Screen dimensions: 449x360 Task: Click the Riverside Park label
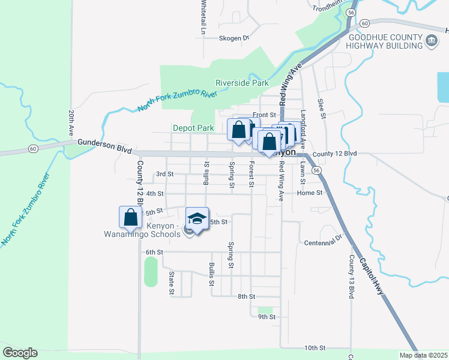click(242, 83)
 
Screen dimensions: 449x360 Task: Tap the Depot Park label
click(193, 128)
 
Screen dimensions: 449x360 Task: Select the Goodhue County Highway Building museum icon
click(431, 41)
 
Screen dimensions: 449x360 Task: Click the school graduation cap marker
click(196, 219)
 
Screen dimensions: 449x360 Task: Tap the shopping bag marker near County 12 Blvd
click(130, 218)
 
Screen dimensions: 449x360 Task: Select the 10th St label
click(314, 348)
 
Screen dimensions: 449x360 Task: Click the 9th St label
click(266, 317)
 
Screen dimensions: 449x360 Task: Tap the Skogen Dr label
click(234, 38)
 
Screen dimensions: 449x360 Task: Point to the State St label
click(172, 283)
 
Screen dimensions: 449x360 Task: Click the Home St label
click(310, 193)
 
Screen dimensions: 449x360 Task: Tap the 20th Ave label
click(71, 121)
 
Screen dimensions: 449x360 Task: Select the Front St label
click(264, 115)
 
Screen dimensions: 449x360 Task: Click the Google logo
click(20, 353)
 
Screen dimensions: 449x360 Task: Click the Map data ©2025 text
click(423, 355)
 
